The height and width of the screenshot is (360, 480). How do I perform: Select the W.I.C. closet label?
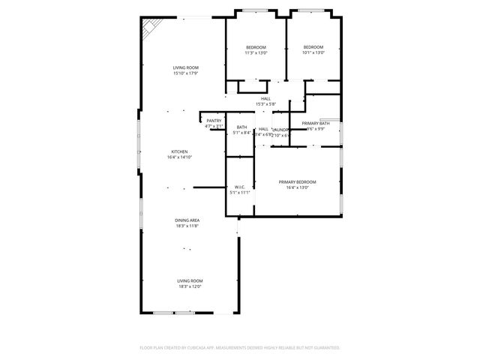point(240,187)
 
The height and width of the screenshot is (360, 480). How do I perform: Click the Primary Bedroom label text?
point(297,182)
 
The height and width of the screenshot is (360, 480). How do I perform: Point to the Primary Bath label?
point(315,123)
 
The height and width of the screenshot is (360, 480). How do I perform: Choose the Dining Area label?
point(187,220)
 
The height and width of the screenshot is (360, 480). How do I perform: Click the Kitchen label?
point(178,151)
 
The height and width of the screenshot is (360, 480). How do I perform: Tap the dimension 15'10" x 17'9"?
point(185,73)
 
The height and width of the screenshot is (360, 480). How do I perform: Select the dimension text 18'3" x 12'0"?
point(190,286)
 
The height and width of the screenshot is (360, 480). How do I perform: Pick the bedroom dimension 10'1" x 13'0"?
point(313,52)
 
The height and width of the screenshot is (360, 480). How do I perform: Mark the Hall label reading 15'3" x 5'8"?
point(265,104)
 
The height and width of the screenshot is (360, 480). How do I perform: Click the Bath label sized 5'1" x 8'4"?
point(241,133)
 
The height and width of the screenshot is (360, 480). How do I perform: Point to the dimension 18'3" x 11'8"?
point(187,226)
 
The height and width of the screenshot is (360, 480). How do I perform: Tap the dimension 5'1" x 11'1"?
point(240,193)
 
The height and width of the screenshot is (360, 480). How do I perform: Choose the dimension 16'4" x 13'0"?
point(297,188)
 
